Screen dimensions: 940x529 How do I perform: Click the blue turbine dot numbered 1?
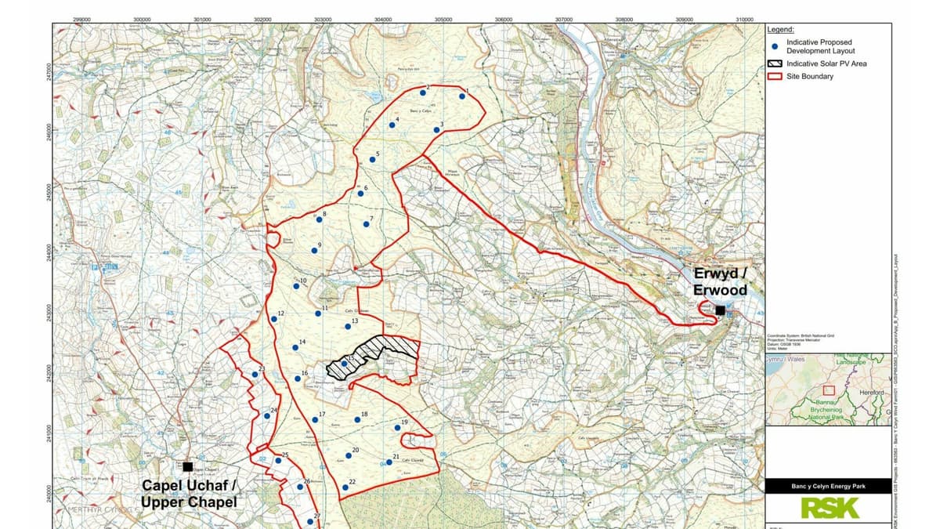tap(462, 97)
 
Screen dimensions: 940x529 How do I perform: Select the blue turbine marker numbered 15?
tap(345, 363)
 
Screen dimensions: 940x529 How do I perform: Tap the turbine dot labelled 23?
tap(255, 374)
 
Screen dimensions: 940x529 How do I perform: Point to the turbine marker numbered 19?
tap(397, 427)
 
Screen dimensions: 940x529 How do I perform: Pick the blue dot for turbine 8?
tap(320, 219)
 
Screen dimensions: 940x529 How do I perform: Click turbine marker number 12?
tap(274, 318)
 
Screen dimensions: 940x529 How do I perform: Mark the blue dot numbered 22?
tap(345, 487)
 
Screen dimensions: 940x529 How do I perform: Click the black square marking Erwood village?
tap(720, 310)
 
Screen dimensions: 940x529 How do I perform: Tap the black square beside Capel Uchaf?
tap(187, 466)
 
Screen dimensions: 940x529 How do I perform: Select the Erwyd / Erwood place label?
tap(720, 282)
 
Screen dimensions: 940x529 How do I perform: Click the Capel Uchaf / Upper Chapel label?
tap(189, 493)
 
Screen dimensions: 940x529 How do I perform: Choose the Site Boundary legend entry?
tap(810, 76)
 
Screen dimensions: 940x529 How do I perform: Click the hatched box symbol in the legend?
tap(775, 63)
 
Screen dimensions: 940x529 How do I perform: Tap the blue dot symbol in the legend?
tap(775, 46)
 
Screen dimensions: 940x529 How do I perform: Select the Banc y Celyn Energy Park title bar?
tap(828, 487)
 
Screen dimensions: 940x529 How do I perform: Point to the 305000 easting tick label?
tap(443, 19)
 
